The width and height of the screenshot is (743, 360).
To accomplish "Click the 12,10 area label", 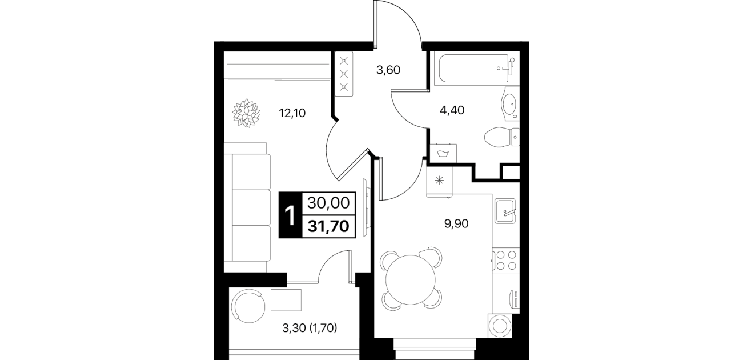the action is pos(292,114).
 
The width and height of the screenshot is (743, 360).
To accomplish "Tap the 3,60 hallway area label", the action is pos(388,70).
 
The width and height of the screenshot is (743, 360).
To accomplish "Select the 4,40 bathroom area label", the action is pos(452,110).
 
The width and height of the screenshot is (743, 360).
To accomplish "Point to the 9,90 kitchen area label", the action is pos(456,224).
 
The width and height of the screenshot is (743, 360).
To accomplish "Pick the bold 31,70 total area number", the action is pos(328,227).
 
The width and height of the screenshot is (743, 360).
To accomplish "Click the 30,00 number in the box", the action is pos(328,203).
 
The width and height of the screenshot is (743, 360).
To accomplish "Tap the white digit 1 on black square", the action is pos(290,215).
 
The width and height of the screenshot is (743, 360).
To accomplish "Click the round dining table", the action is pos(411,279).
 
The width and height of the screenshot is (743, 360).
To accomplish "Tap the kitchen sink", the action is pos(505,211).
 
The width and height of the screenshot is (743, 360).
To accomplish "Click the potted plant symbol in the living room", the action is pos(246,113).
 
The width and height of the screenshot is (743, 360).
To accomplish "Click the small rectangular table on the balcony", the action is pos(286,300).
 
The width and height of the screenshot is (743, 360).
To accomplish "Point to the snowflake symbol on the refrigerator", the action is pos(440,181).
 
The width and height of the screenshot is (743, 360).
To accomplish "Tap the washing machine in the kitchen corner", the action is pos(500,326).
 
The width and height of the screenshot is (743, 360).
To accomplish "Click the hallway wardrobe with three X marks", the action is pos(344,74).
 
